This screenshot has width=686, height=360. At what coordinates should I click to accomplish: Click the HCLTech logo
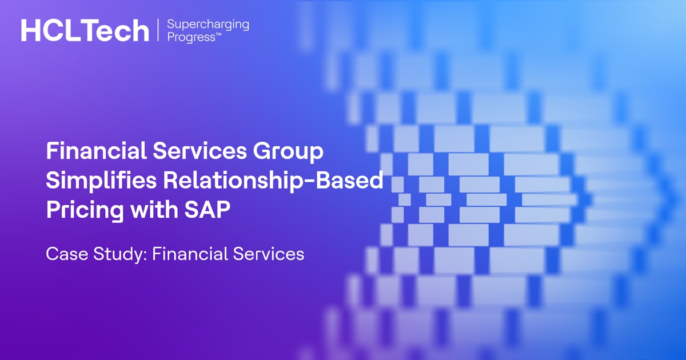pos(85,30)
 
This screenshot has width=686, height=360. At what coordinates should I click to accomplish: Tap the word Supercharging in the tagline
pos(208,25)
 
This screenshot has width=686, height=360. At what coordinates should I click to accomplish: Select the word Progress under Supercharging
pos(190,37)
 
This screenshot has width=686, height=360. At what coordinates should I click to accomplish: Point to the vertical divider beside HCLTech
pos(157,30)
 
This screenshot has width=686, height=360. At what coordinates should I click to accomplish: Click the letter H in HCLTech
pos(30,30)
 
